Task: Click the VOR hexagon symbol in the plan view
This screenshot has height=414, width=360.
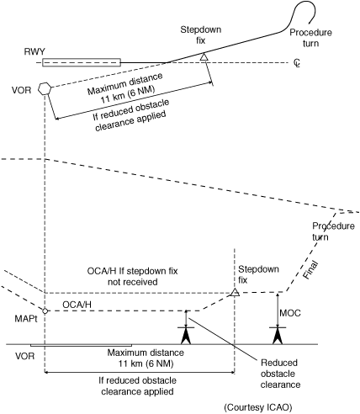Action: click(x=45, y=88)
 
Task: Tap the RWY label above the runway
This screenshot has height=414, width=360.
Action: click(x=34, y=51)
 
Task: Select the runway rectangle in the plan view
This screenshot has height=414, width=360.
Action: click(x=82, y=62)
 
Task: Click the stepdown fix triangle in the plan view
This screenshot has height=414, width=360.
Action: click(x=204, y=56)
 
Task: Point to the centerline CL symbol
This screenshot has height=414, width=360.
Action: click(x=297, y=62)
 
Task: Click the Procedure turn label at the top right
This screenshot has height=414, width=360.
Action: click(x=310, y=38)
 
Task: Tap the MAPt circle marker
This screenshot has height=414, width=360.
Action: click(x=45, y=310)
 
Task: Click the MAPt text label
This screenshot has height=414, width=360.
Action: click(x=26, y=319)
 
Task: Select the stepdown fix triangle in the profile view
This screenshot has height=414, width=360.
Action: click(x=235, y=292)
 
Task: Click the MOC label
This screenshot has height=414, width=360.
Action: click(x=290, y=313)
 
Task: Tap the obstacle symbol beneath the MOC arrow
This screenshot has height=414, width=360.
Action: click(x=278, y=335)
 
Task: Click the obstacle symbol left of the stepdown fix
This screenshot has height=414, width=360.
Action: click(x=186, y=335)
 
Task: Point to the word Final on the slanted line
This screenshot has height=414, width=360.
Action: click(x=310, y=270)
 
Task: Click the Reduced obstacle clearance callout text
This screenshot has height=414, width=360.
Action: click(x=280, y=374)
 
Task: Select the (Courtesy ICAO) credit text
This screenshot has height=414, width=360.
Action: click(x=258, y=407)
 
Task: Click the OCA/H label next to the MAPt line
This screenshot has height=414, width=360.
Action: click(x=77, y=305)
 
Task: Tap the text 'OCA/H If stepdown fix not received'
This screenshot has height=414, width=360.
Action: click(x=133, y=276)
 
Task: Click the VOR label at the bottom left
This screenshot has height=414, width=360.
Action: click(x=25, y=356)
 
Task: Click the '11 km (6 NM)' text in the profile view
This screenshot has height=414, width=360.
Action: click(x=146, y=364)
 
